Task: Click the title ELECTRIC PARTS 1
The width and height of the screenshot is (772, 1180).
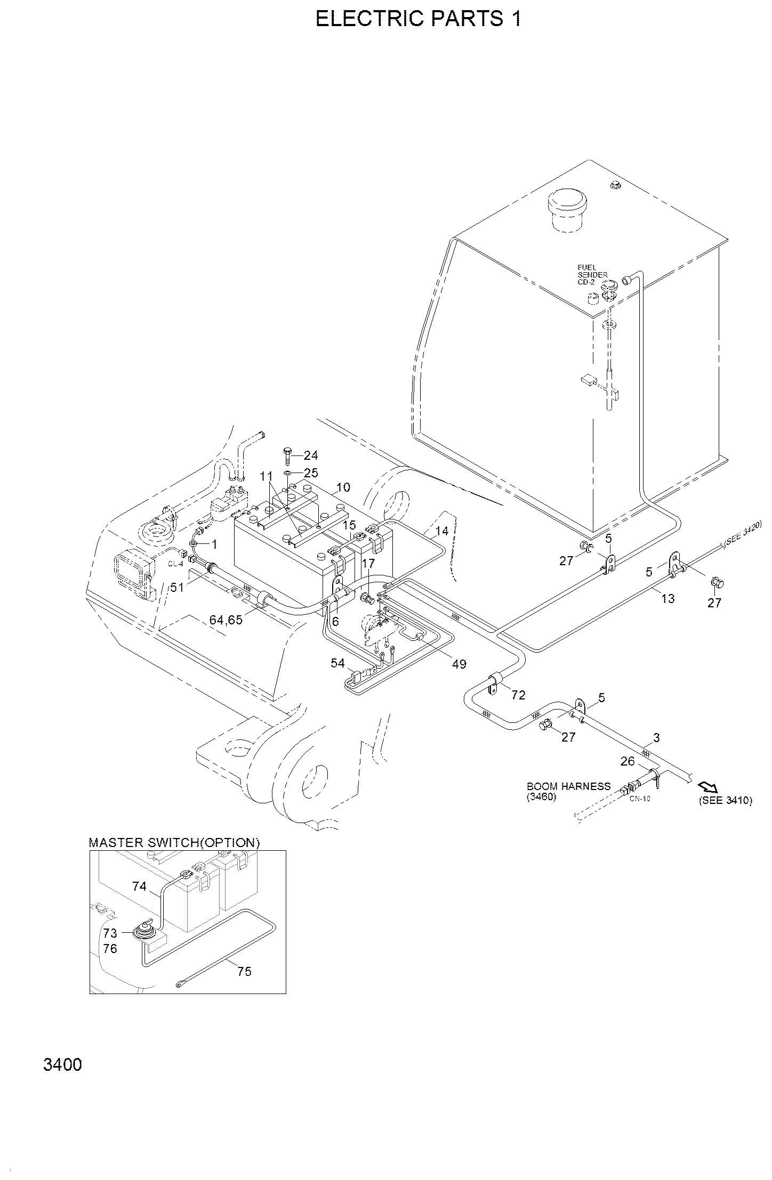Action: click(419, 19)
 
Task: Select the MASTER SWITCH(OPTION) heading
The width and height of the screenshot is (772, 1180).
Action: click(174, 843)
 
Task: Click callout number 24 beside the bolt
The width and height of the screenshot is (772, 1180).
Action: click(311, 455)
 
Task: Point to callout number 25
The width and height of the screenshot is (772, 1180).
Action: click(311, 473)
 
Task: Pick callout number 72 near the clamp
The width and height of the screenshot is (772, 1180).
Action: click(518, 695)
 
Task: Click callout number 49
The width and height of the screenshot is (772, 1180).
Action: click(459, 664)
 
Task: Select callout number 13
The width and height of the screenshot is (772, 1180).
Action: click(668, 599)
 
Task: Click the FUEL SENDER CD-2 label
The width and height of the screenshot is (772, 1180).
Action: click(592, 275)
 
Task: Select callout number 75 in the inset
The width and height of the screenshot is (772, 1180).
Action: click(244, 972)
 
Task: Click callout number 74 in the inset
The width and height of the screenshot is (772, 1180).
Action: click(139, 886)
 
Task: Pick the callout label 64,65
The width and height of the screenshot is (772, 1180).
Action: click(226, 620)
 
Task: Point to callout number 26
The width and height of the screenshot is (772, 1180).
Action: click(628, 761)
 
